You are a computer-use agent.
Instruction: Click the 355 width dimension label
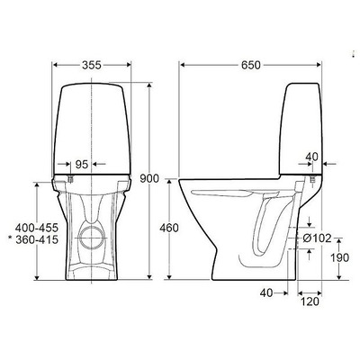92,65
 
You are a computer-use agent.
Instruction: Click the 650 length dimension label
251,65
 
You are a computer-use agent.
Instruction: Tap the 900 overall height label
149,179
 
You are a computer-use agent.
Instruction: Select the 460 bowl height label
169,229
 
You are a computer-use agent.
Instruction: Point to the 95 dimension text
81,164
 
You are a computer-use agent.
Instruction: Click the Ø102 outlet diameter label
317,238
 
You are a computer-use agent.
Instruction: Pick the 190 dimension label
340,257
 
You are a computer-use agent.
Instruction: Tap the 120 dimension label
310,301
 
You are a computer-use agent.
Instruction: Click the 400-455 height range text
37,228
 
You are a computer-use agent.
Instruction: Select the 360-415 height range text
37,239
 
